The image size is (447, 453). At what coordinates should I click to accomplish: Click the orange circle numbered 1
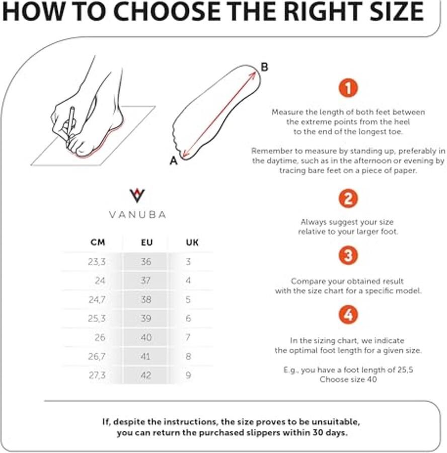348,88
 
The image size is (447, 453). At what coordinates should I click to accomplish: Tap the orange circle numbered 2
348,198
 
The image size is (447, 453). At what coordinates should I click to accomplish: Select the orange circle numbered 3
348,255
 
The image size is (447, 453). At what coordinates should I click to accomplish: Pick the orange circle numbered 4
348,315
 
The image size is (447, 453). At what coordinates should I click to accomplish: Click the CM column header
98,242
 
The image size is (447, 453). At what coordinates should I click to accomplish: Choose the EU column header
146,242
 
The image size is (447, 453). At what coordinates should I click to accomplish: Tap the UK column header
192,242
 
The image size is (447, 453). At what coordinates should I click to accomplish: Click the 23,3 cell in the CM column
97,262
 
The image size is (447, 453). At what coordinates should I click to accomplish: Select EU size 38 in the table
146,299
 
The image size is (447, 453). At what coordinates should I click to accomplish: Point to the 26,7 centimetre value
97,356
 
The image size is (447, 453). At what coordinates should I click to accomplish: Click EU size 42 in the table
146,375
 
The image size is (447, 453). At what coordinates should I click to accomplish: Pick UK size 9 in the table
188,375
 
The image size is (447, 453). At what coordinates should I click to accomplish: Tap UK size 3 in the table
188,262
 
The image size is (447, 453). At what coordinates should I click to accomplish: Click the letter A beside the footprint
174,161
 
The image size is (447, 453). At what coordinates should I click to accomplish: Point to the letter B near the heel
264,67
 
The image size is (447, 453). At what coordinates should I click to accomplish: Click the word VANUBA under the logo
137,214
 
